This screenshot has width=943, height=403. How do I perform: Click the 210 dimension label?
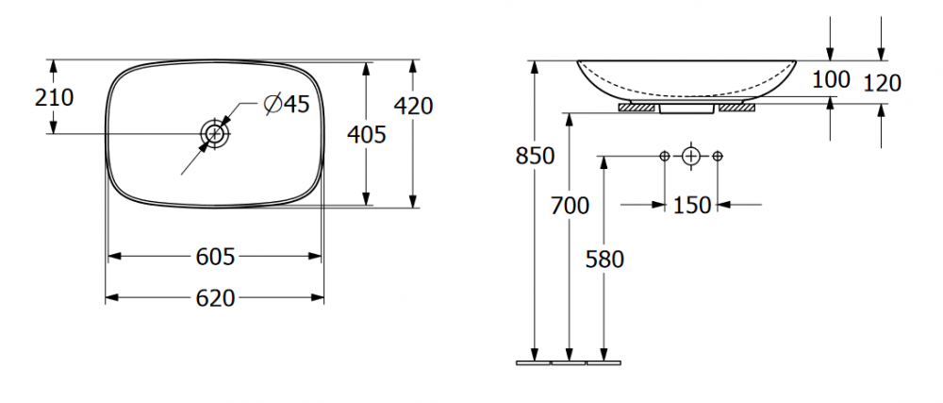coord(54,97)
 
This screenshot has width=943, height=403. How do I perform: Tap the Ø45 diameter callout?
coord(287,104)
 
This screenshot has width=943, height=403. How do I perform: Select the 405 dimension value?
coord(366,134)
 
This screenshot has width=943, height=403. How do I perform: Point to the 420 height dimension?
coord(413,106)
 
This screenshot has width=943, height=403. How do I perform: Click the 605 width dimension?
coord(215,257)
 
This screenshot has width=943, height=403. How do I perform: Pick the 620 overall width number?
coord(215,297)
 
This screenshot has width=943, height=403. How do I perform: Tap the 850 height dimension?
coord(535,156)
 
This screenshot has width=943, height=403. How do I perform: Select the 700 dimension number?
coord(571,207)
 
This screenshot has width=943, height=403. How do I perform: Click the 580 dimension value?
coord(605,260)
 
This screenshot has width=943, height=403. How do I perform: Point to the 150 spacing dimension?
coord(691,205)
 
